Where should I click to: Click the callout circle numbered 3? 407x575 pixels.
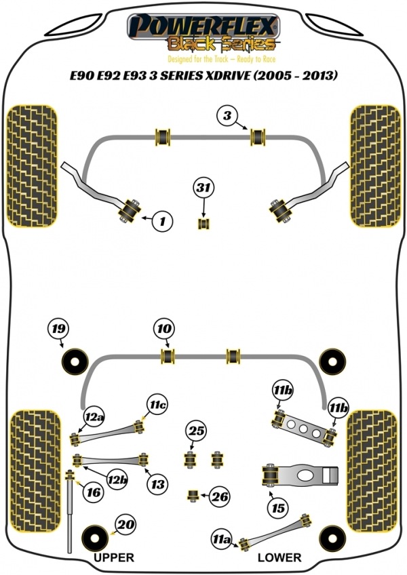click(228, 116)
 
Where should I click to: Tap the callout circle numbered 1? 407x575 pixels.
click(163, 220)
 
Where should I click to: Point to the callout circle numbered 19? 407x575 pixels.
click(58, 330)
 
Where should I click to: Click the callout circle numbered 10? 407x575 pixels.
click(163, 330)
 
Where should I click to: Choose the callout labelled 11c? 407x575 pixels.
click(157, 405)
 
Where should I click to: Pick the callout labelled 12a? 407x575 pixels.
click(94, 416)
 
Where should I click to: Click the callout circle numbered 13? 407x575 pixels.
click(157, 484)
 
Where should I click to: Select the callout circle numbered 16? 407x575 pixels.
click(94, 493)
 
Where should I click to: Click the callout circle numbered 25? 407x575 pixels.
click(197, 431)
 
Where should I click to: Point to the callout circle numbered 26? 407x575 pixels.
click(218, 497)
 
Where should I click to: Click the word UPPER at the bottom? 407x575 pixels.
click(113, 558)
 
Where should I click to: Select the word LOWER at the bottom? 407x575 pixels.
click(279, 558)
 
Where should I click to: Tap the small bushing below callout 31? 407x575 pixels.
click(203, 223)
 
